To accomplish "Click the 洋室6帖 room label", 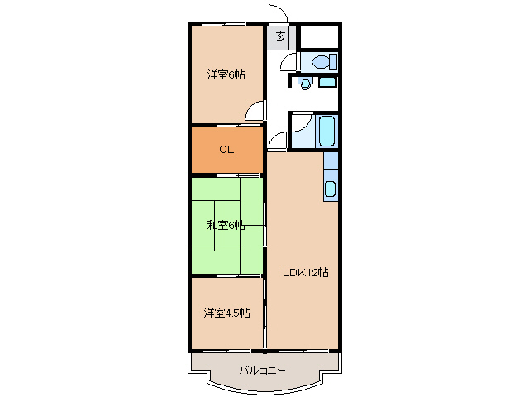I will pos(226,75).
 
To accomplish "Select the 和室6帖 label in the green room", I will pos(226,224).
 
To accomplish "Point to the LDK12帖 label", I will pos(306,272).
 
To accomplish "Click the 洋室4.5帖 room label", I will pos(226,313).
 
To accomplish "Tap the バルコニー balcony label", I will pos(262,370).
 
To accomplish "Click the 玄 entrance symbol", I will pos(281,36).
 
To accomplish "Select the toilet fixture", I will pos(319,61).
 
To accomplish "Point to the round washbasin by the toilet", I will pos(306,83).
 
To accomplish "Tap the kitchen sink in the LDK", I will pos(330,189).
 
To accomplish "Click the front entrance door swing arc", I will pos(277,16).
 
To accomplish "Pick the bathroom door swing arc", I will pos(299,124).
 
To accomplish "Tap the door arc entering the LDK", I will pos(276,141).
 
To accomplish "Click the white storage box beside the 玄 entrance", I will pos(318,37).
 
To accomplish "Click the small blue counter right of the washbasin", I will pos(327,82).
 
